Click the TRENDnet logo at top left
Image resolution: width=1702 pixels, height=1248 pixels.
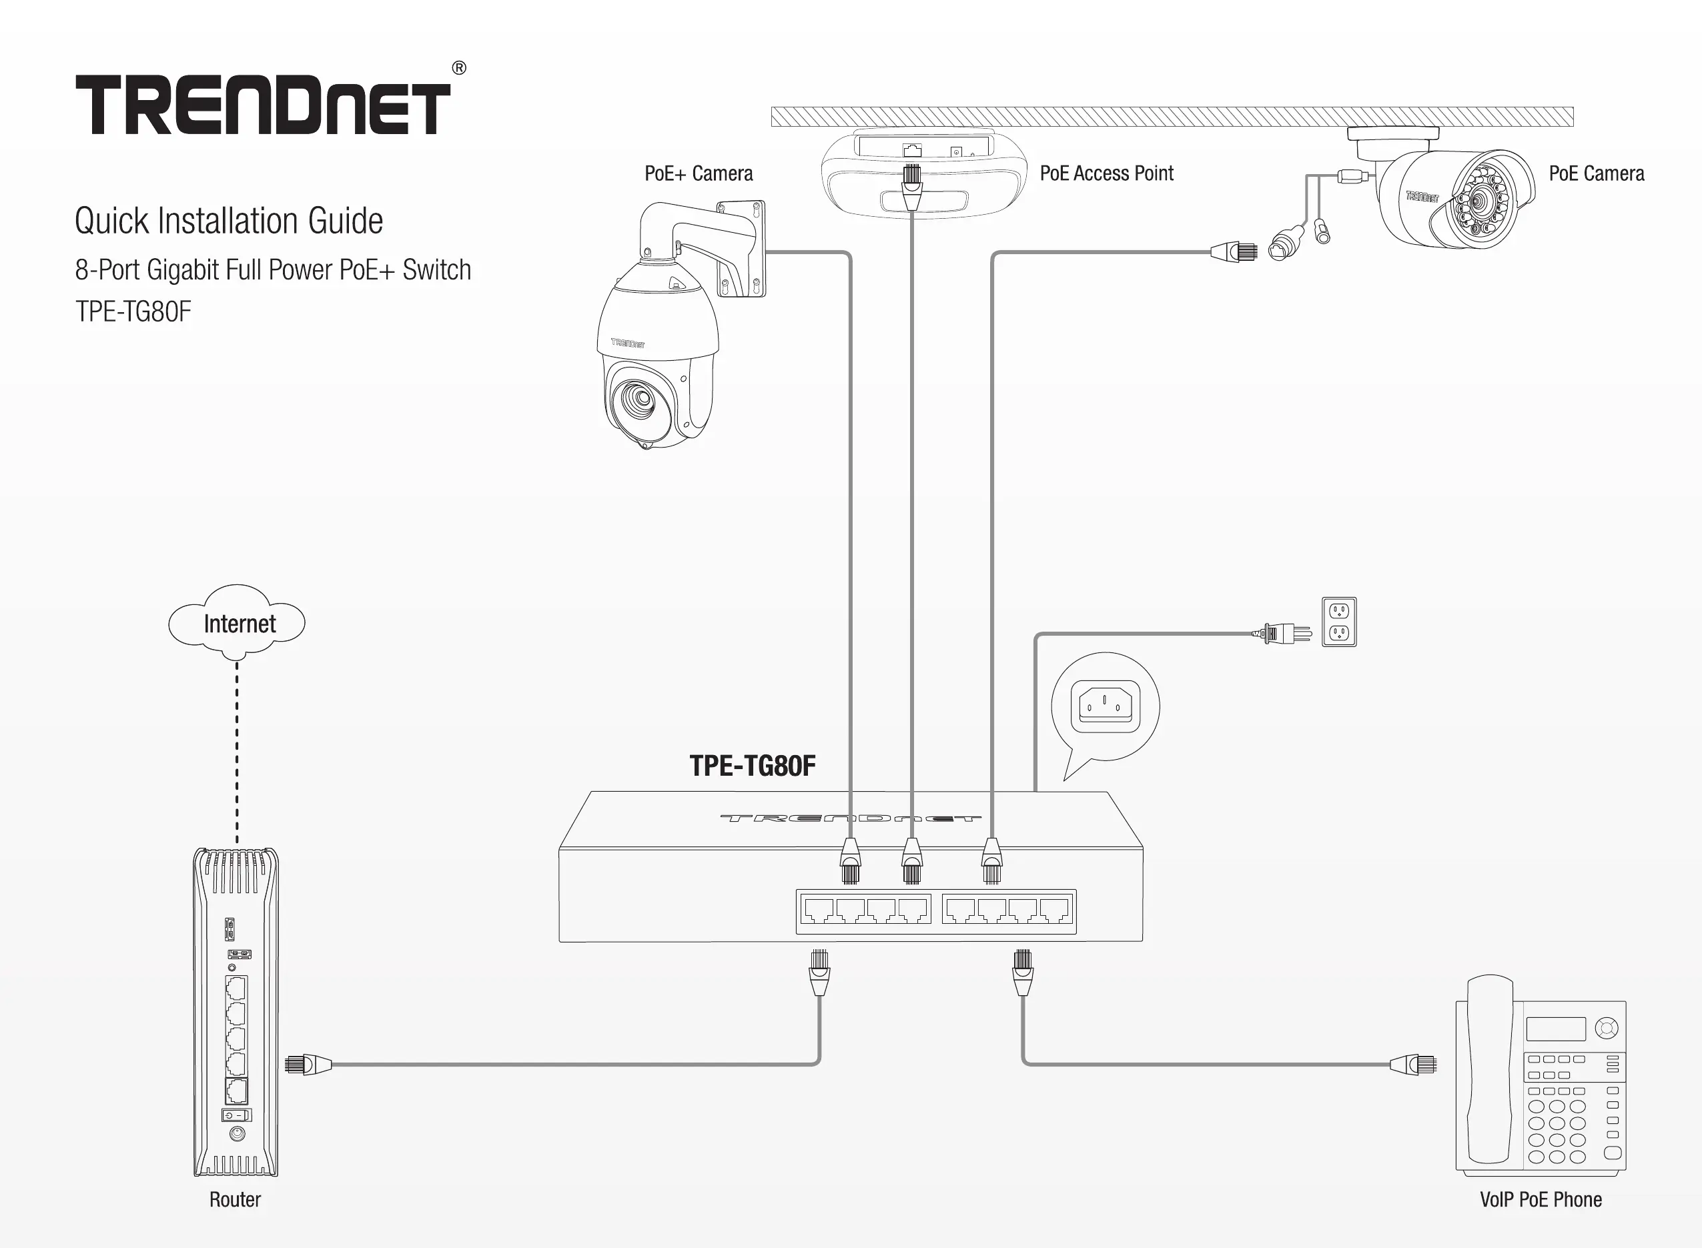pyautogui.click(x=263, y=104)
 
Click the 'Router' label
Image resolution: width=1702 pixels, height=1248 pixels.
pyautogui.click(x=235, y=1199)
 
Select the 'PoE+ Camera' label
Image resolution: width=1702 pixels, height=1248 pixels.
pyautogui.click(x=698, y=173)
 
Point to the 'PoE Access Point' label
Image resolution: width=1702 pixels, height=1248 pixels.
pyautogui.click(x=1106, y=173)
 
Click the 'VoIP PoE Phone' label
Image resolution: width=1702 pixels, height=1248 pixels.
pyautogui.click(x=1541, y=1199)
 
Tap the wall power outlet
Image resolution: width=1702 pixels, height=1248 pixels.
pyautogui.click(x=1338, y=622)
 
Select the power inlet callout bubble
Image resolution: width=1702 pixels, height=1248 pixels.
pyautogui.click(x=1106, y=706)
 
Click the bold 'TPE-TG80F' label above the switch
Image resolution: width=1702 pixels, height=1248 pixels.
pyautogui.click(x=753, y=766)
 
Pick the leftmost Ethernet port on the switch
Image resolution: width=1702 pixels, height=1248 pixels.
pyautogui.click(x=817, y=910)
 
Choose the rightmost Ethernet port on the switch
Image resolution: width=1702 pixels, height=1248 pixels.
pyautogui.click(x=1055, y=910)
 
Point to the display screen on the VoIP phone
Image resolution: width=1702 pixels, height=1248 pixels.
pyautogui.click(x=1555, y=1028)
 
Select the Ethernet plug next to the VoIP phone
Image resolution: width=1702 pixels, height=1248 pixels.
pyautogui.click(x=1412, y=1065)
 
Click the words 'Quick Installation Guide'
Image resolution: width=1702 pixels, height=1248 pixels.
pyautogui.click(x=229, y=221)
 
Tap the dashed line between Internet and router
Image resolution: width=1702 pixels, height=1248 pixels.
pyautogui.click(x=238, y=752)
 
